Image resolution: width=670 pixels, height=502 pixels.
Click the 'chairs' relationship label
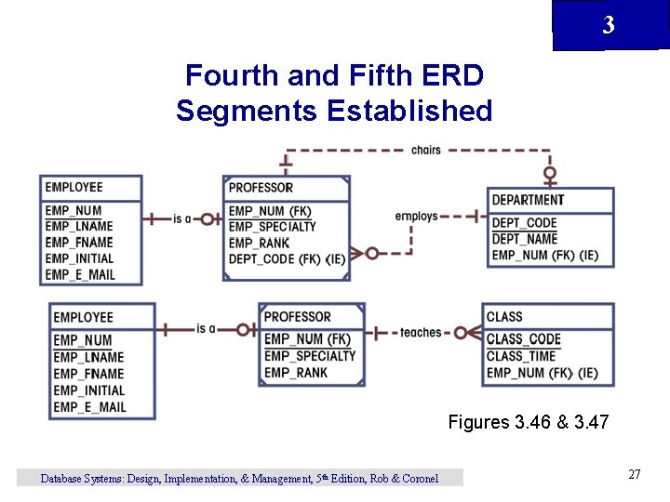pos(425,150)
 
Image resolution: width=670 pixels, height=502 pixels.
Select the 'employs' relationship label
pos(416,217)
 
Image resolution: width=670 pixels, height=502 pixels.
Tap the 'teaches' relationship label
pos(421,332)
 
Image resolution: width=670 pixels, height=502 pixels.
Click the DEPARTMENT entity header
pos(528,200)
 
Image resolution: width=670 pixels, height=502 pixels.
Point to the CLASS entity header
pos(504,317)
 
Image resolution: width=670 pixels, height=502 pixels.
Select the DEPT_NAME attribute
pos(524,239)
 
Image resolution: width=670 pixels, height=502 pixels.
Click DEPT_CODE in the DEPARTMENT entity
pos(524,223)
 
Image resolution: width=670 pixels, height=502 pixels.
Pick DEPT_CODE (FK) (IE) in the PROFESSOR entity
pos(287,259)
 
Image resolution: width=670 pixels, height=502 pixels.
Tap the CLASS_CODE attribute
pos(523,339)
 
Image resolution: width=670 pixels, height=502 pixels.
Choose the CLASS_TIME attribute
pos(520,356)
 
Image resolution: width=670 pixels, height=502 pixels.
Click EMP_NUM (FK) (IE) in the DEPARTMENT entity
pos(544,256)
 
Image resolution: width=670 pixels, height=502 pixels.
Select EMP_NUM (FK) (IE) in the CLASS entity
pos(542,373)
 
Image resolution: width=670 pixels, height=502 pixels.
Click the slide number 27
pos(635,475)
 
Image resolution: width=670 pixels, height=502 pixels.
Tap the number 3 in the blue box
pos(609,26)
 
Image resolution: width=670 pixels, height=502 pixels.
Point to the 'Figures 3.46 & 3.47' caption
pos(528,422)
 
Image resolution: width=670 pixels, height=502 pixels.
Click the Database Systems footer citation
pos(239,479)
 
